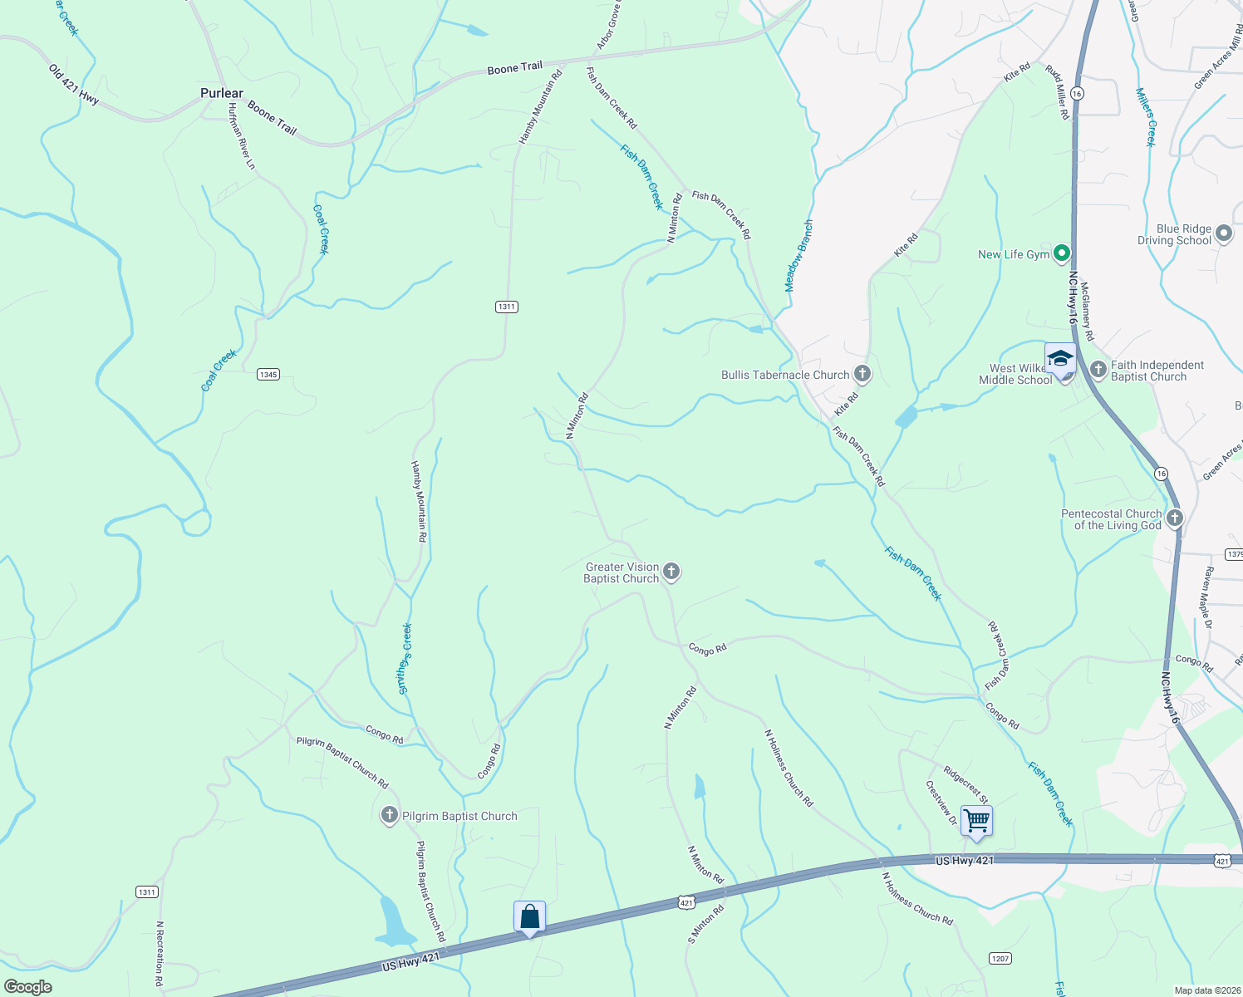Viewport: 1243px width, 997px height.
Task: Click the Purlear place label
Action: point(222,93)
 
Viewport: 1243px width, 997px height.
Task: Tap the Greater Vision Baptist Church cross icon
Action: point(671,572)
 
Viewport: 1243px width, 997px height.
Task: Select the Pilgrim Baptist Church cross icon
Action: point(389,816)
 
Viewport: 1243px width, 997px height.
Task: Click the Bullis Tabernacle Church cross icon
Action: point(862,374)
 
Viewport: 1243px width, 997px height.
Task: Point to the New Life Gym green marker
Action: point(1061,253)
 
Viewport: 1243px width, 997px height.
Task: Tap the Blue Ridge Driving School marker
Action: point(1223,234)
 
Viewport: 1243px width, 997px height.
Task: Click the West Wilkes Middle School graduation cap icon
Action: point(1060,360)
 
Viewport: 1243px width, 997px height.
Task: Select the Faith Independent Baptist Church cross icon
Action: point(1098,368)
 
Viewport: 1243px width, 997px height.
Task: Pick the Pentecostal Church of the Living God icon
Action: point(1174,518)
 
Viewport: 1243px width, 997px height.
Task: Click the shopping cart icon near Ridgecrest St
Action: point(976,821)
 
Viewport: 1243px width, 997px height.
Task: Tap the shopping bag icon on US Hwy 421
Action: point(530,917)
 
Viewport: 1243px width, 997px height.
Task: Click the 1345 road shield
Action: point(268,375)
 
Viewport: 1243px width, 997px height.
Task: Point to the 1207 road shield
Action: point(1000,958)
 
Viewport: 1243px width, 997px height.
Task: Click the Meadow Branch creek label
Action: point(798,256)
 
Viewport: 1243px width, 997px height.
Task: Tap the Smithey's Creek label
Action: point(405,658)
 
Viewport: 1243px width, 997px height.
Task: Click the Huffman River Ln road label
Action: point(242,136)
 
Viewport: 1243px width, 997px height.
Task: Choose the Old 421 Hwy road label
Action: point(73,84)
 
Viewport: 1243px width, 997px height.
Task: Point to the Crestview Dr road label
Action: point(941,803)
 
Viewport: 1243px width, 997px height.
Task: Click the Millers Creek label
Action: point(1146,117)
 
